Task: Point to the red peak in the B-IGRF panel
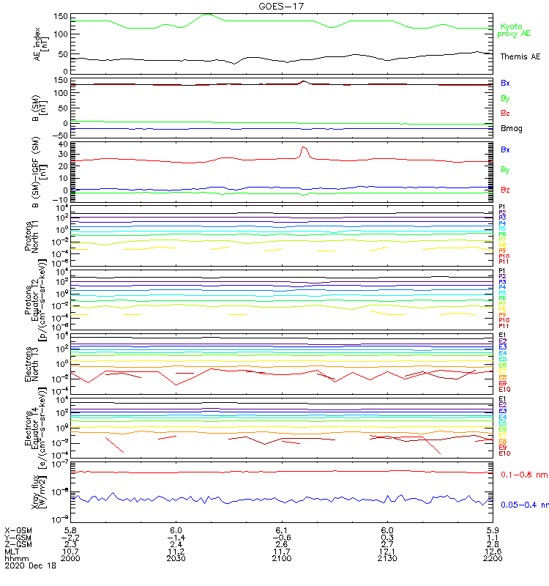point(305,148)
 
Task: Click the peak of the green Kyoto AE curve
point(207,14)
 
